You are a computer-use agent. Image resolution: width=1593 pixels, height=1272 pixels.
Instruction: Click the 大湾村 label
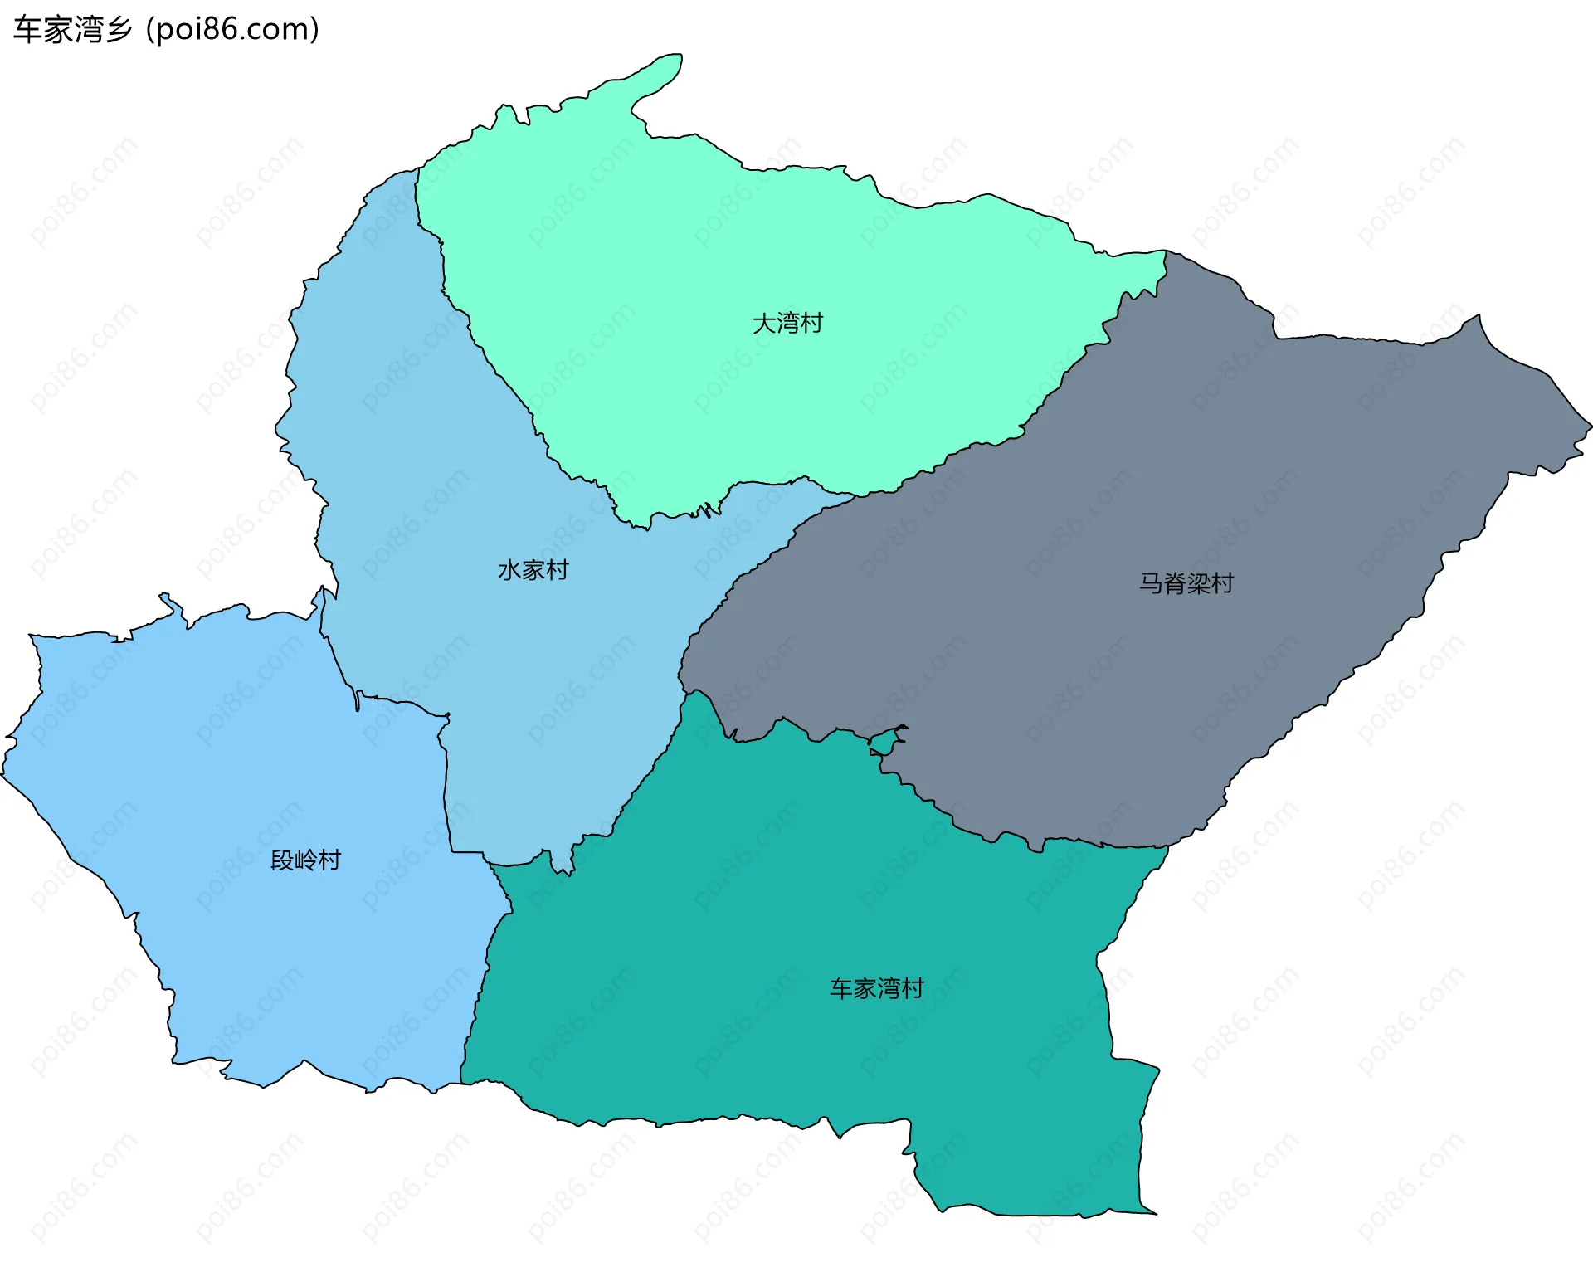(x=787, y=323)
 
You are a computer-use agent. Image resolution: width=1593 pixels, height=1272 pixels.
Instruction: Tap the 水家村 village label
(x=533, y=570)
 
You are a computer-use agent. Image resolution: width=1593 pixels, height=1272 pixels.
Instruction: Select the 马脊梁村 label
(x=1186, y=583)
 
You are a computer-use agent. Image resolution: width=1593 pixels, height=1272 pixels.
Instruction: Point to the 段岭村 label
(x=305, y=860)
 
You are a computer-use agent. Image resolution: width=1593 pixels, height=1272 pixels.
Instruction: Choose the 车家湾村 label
(x=876, y=988)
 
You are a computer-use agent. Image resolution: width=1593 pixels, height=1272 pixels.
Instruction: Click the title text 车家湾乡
(x=73, y=30)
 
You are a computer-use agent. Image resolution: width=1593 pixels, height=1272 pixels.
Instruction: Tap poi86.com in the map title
(x=232, y=30)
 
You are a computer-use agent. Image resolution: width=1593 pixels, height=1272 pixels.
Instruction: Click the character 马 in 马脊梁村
(x=1151, y=583)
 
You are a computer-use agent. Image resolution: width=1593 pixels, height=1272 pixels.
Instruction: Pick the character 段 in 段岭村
(x=282, y=860)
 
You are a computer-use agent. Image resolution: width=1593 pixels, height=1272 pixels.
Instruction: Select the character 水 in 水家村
(x=509, y=570)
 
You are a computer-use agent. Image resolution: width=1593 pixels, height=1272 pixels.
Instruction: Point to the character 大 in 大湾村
(x=764, y=323)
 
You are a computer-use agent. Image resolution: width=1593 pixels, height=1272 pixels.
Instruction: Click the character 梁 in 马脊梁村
(x=1198, y=583)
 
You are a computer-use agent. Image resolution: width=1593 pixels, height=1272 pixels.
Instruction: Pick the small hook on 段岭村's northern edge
(x=170, y=602)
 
